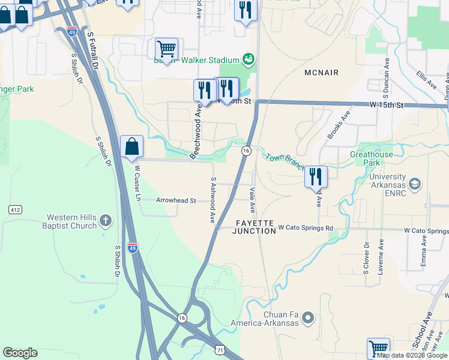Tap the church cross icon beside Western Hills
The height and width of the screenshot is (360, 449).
(106, 221)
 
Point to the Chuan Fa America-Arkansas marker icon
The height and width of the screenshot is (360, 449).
(308, 317)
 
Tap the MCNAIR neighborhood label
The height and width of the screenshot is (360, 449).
(321, 73)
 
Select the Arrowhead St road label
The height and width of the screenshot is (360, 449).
(176, 200)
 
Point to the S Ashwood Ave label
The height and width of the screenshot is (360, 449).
(213, 200)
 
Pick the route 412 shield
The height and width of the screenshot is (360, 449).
(16, 209)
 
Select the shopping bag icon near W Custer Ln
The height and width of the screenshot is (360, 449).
(131, 147)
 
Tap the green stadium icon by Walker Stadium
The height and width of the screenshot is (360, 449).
(247, 59)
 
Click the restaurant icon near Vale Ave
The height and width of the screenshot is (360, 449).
(316, 176)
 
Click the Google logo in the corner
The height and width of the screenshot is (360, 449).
(20, 353)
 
